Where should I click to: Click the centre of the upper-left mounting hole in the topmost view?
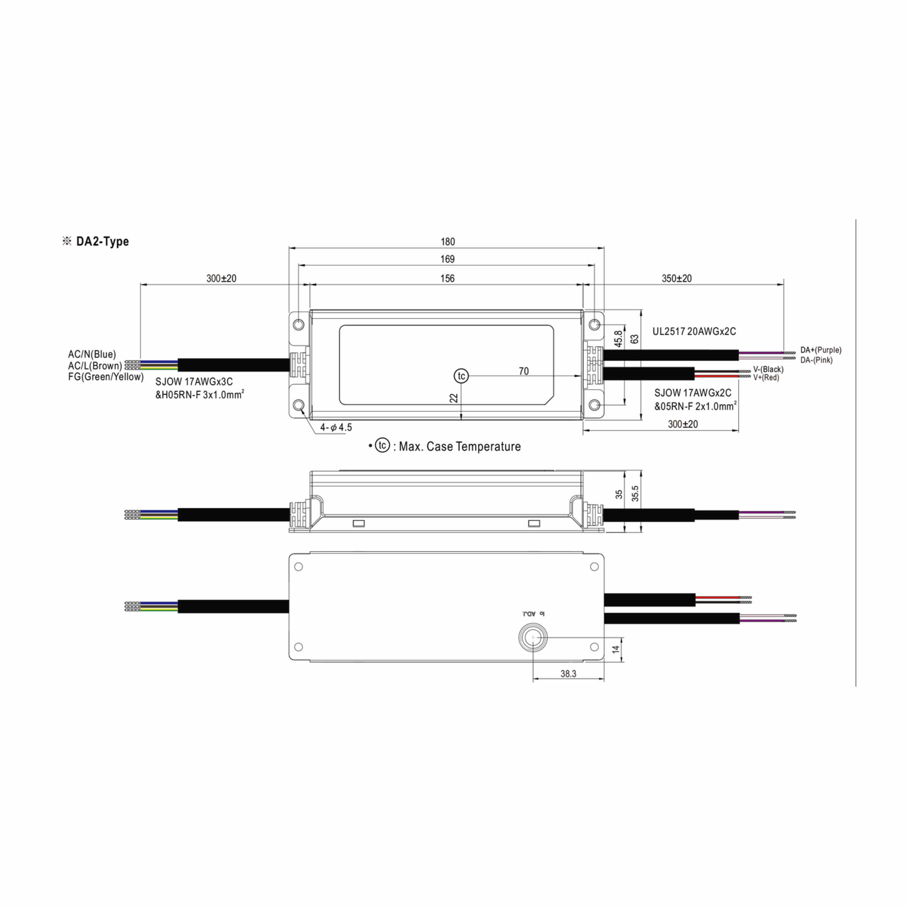pyautogui.click(x=298, y=325)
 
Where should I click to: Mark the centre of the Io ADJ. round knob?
pyautogui.click(x=533, y=638)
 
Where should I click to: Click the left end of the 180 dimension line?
pyautogui.click(x=289, y=248)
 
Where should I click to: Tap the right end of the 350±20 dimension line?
pyautogui.click(x=784, y=284)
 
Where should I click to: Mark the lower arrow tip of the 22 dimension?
pyautogui.click(x=461, y=420)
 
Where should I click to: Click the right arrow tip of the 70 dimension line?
pyautogui.click(x=582, y=376)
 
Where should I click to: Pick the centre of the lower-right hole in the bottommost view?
pyautogui.click(x=594, y=647)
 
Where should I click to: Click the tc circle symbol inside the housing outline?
pyautogui.click(x=461, y=376)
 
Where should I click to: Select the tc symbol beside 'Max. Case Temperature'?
pyautogui.click(x=382, y=445)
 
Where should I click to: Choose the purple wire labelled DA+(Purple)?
pyautogui.click(x=761, y=352)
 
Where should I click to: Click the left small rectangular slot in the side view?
pyautogui.click(x=358, y=523)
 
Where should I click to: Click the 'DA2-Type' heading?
pyautogui.click(x=102, y=242)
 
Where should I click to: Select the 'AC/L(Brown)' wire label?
pyautogui.click(x=95, y=366)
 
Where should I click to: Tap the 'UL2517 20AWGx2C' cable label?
pyautogui.click(x=694, y=331)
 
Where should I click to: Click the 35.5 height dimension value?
pyautogui.click(x=635, y=494)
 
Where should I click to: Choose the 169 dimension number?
pyautogui.click(x=447, y=259)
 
